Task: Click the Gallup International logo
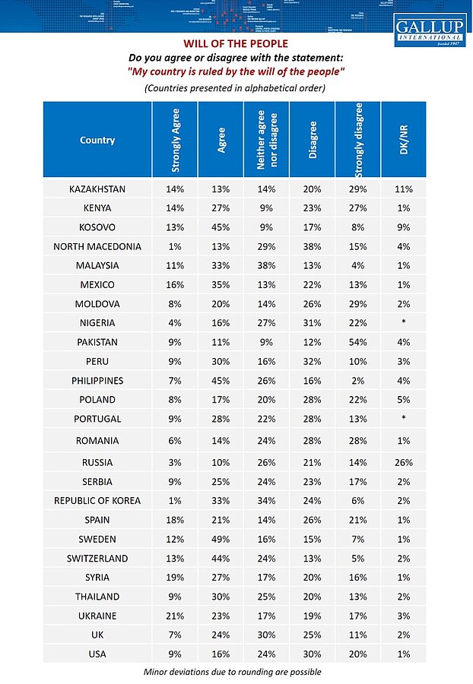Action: [x=429, y=30]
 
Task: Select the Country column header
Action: [x=97, y=140]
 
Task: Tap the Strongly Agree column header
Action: [x=174, y=140]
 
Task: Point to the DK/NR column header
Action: [x=403, y=140]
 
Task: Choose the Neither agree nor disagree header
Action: [x=266, y=140]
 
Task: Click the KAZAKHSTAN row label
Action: [x=97, y=188]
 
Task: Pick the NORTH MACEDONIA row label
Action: [x=97, y=246]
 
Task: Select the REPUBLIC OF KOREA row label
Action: [x=97, y=501]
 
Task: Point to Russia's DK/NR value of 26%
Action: [x=403, y=462]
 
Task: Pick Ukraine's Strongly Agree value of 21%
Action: [x=174, y=615]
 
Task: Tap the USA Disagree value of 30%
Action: [x=313, y=654]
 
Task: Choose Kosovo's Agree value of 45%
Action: [x=221, y=227]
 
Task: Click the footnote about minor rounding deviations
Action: [x=231, y=672]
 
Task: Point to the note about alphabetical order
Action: [x=235, y=88]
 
